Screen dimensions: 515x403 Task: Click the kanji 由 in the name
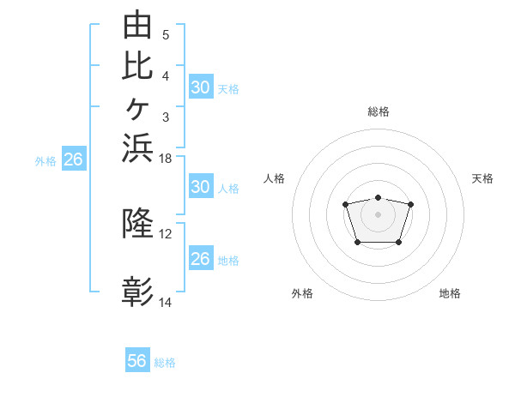137,24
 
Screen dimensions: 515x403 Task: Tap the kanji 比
137,66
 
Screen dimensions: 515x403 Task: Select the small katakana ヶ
137,109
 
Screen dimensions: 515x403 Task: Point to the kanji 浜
137,148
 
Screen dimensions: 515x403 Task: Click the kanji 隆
137,222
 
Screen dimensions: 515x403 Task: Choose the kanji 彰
137,292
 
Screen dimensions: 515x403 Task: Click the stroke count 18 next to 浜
165,159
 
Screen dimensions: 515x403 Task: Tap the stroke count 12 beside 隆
165,234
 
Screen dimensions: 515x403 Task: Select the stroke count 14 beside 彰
165,302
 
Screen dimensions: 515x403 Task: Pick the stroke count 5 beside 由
166,35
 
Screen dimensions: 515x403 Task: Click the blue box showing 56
137,359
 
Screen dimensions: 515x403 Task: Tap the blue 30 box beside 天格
202,87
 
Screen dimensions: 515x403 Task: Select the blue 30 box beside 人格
202,186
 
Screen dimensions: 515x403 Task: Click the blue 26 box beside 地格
202,257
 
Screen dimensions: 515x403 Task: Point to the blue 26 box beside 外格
74,158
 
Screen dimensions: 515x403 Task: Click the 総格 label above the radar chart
379,111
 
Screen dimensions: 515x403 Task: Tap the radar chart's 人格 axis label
274,178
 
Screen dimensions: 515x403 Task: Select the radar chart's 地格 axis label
450,293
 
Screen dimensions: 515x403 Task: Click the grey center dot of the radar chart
378,214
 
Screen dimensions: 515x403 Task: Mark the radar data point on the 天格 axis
410,204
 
